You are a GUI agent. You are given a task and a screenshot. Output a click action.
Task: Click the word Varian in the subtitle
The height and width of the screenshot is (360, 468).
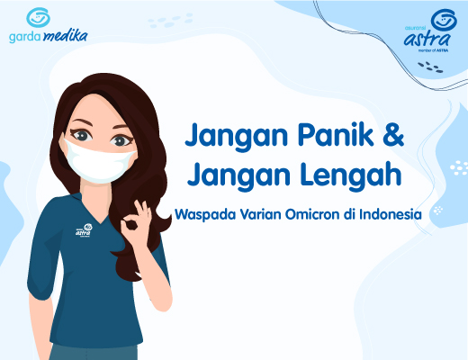254,214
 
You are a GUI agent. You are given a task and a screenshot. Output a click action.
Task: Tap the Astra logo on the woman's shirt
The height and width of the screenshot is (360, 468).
85,231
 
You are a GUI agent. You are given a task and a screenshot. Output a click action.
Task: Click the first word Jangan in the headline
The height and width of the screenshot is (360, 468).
229,137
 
